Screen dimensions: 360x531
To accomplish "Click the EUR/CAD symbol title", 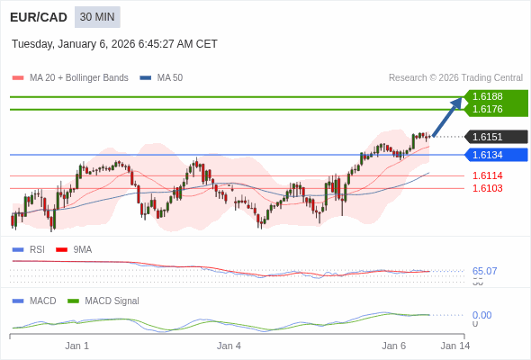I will (37, 17).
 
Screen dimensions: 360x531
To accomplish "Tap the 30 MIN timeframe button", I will (97, 17).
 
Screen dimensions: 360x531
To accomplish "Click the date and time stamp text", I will (114, 44).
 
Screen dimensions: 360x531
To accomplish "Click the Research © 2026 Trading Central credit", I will (455, 78).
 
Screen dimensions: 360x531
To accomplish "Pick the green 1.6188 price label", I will (488, 96).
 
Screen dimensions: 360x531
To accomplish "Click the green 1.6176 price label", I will (488, 109).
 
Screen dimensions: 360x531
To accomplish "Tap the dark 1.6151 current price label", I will (488, 137).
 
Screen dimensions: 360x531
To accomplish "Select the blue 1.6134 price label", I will (488, 155).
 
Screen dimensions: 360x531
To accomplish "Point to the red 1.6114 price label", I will (488, 175).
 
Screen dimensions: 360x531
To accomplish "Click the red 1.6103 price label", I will (488, 188).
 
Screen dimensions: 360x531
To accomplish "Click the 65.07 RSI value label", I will (484, 271).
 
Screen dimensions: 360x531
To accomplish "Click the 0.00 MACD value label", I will (481, 315).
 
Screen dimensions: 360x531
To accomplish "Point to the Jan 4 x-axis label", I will (229, 346).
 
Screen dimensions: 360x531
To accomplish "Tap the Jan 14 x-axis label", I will (454, 346).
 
